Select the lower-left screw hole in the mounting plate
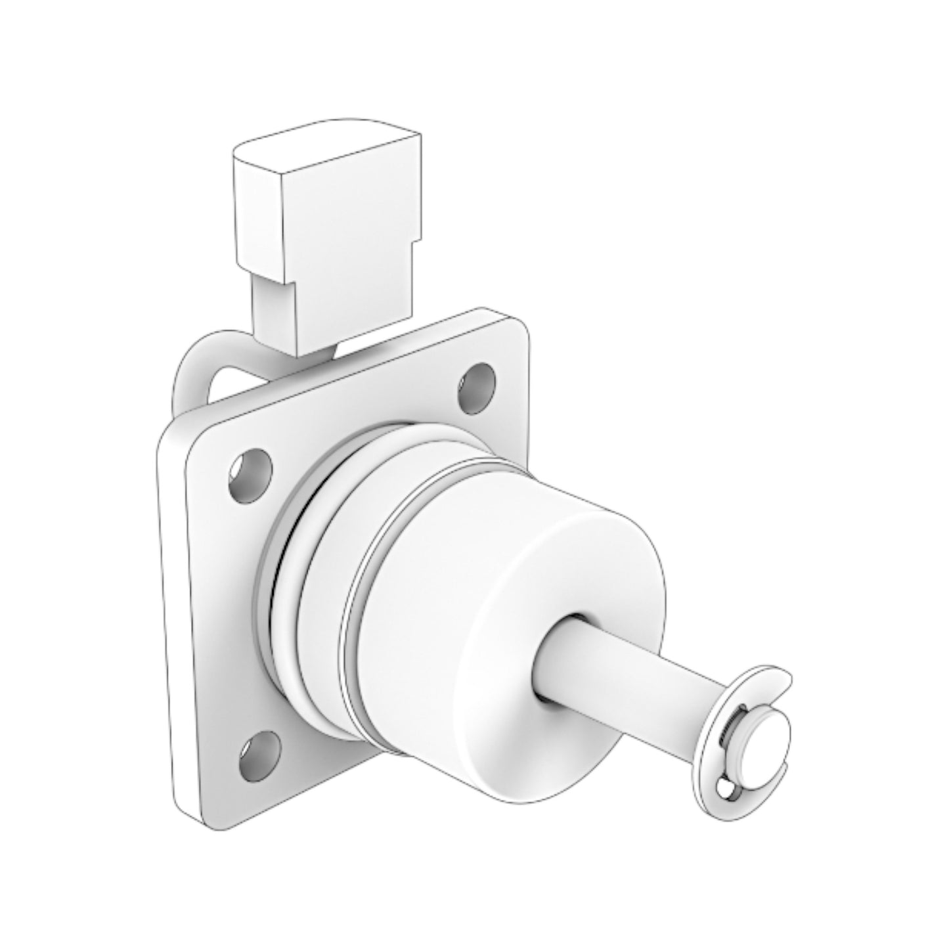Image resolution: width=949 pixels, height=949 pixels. point(259,748)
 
